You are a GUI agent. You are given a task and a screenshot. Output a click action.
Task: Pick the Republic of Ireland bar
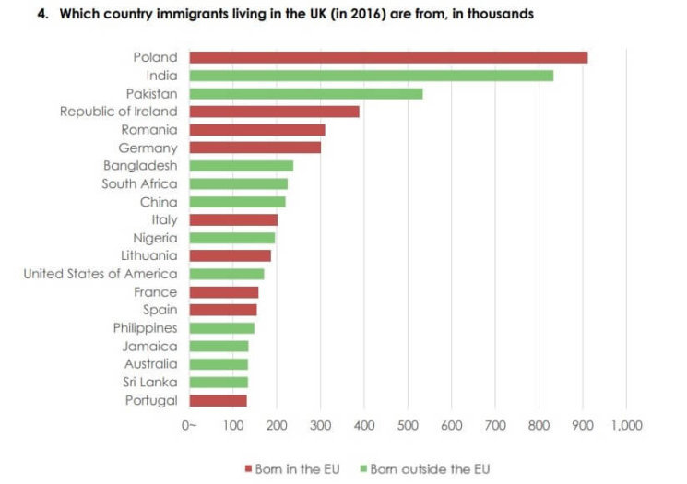[x=274, y=112]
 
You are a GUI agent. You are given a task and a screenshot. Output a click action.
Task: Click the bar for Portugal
[x=219, y=400]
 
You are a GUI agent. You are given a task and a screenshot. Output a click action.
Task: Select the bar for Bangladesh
[x=242, y=166]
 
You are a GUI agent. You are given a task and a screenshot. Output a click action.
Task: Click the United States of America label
[x=100, y=274]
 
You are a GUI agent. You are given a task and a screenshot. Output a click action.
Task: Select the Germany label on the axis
[x=148, y=148]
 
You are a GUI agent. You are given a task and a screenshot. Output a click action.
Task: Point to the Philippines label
[x=145, y=328]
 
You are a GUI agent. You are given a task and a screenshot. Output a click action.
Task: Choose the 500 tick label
[x=408, y=425]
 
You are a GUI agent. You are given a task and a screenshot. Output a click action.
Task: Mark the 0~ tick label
[x=189, y=425]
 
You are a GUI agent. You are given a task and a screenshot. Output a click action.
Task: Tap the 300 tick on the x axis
[x=320, y=425]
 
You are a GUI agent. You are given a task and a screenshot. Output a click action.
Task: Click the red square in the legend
[x=249, y=469]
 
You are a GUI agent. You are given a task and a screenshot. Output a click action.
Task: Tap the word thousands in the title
[x=500, y=15]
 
